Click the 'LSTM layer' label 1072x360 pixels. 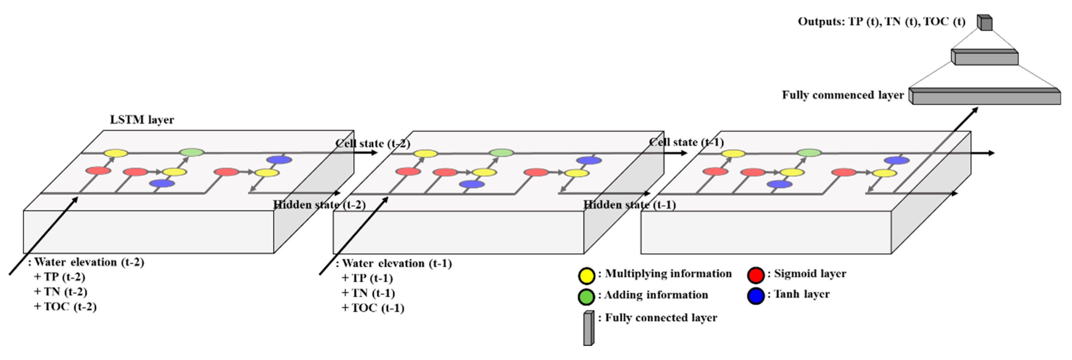[x=142, y=120]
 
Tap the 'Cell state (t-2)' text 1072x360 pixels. [x=373, y=144]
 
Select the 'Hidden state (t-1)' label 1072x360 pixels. [x=629, y=205]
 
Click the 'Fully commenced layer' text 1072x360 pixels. [x=843, y=95]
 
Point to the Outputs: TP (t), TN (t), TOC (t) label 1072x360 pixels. [x=881, y=22]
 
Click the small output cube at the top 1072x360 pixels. [x=985, y=23]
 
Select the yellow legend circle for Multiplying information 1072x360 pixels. [x=586, y=275]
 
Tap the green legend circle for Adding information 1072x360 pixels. [x=586, y=297]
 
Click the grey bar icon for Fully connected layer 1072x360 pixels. [x=588, y=328]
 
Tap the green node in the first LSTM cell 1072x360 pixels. [x=192, y=152]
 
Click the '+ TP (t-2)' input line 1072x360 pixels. [x=60, y=278]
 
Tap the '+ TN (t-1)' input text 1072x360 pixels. [x=368, y=293]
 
